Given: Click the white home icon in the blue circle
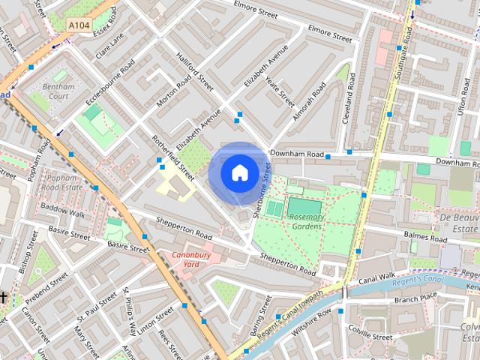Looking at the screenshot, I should (239, 173).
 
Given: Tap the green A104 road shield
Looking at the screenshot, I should (79, 25).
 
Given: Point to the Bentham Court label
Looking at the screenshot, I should (55, 91).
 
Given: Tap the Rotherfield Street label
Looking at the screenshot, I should (173, 157).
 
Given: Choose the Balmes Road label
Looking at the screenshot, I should (425, 236).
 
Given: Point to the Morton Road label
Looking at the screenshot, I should (174, 94).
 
